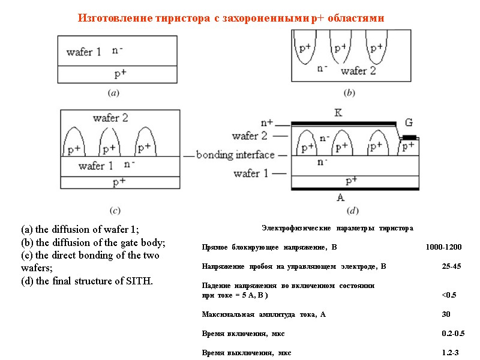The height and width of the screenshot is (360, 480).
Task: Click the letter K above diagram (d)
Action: [x=338, y=112]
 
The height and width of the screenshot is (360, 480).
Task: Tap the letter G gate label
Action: [x=409, y=123]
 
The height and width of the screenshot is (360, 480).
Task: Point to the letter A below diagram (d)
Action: [x=341, y=196]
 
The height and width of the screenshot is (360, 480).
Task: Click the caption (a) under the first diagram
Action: [x=112, y=92]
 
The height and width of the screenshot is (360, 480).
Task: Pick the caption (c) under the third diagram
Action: [x=115, y=210]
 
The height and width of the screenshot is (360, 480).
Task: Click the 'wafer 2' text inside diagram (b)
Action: [x=358, y=71]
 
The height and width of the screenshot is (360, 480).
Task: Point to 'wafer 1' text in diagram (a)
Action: [x=83, y=52]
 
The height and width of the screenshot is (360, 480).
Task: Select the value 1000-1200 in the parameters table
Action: [x=443, y=247]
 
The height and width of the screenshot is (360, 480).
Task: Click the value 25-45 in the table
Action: [x=451, y=266]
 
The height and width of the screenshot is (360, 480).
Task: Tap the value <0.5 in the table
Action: [x=449, y=295]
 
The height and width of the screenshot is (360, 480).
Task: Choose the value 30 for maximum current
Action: [x=446, y=314]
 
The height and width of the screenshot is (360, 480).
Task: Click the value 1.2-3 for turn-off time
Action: [x=450, y=353]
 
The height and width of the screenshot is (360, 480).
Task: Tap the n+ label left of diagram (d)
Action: [x=266, y=122]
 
